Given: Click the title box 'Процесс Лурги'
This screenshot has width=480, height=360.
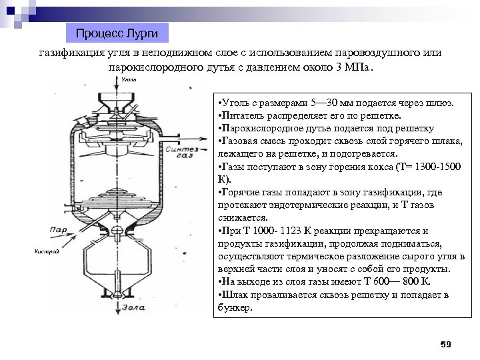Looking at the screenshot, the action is [117, 33].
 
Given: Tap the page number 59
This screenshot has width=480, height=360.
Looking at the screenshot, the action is [446, 344].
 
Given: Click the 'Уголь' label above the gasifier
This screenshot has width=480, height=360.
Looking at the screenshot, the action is [129, 79].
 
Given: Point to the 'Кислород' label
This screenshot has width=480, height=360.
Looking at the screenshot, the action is [45, 251].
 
